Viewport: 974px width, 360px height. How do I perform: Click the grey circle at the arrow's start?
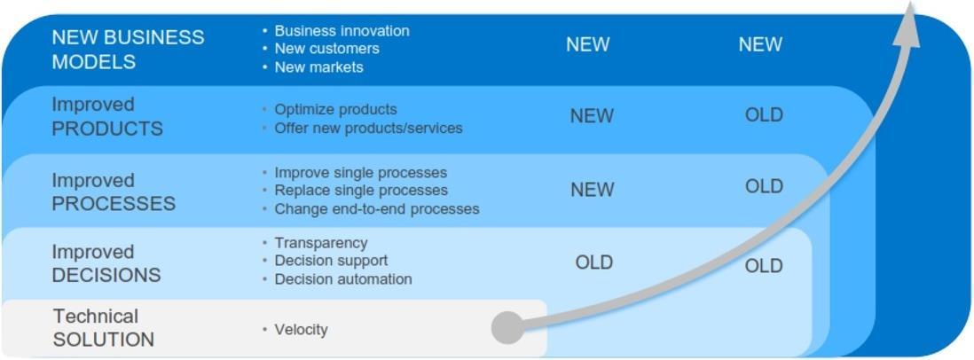[508, 327]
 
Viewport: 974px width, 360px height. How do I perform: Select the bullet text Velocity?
[301, 329]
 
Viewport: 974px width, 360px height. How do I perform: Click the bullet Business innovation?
[342, 30]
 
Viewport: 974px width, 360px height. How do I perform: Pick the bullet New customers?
[326, 49]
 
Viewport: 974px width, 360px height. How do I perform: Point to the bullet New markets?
[318, 67]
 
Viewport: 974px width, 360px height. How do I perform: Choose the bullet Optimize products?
[335, 109]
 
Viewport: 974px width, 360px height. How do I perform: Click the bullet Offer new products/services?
[368, 128]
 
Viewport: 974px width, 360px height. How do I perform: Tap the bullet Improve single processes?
[360, 172]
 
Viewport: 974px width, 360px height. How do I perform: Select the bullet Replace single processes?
[361, 190]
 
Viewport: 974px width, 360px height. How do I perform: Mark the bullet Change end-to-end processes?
[377, 208]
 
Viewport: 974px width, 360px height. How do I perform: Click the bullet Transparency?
[321, 243]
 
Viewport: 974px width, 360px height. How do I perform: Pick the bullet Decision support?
[331, 261]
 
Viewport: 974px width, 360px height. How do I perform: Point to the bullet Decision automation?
[343, 279]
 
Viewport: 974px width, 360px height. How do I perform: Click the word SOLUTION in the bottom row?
[104, 340]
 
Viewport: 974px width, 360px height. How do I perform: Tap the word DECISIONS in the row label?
[106, 275]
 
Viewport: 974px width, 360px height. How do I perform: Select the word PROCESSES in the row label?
[114, 204]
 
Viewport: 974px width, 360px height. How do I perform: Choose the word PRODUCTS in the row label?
[107, 129]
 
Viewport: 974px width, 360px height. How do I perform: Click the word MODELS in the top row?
[94, 62]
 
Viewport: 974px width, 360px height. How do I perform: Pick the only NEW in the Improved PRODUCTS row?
[592, 116]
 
